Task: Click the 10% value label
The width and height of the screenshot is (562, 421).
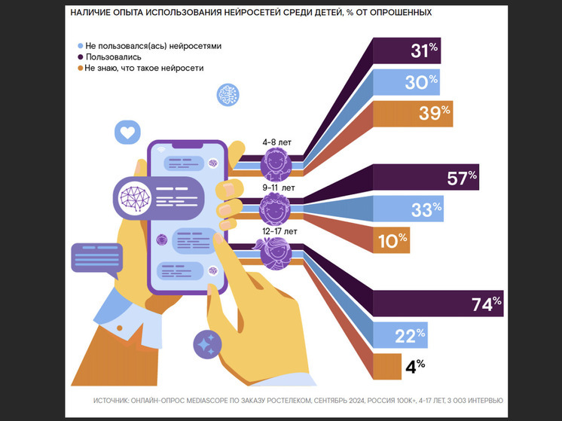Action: pyautogui.click(x=392, y=241)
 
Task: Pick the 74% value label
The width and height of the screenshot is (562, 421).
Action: pyautogui.click(x=484, y=305)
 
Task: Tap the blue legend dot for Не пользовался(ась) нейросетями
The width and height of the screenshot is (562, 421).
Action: pyautogui.click(x=80, y=46)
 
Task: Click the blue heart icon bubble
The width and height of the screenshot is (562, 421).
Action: pyautogui.click(x=127, y=133)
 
